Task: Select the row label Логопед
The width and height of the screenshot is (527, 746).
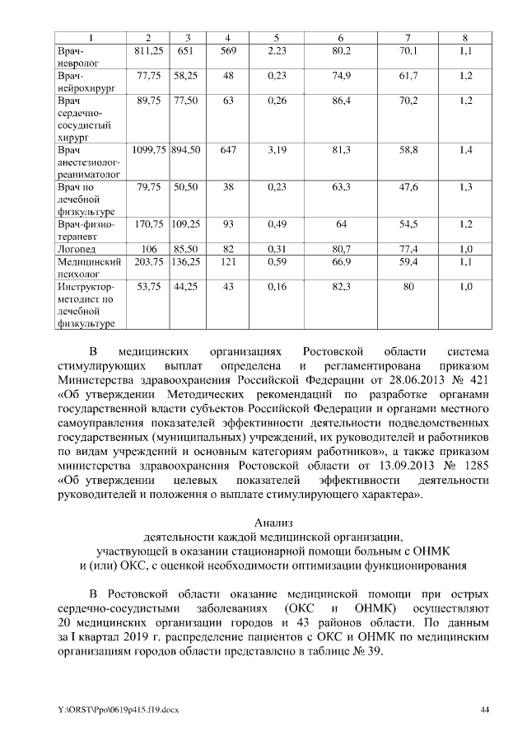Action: pyautogui.click(x=75, y=249)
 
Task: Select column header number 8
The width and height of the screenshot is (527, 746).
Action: pyautogui.click(x=465, y=39)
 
